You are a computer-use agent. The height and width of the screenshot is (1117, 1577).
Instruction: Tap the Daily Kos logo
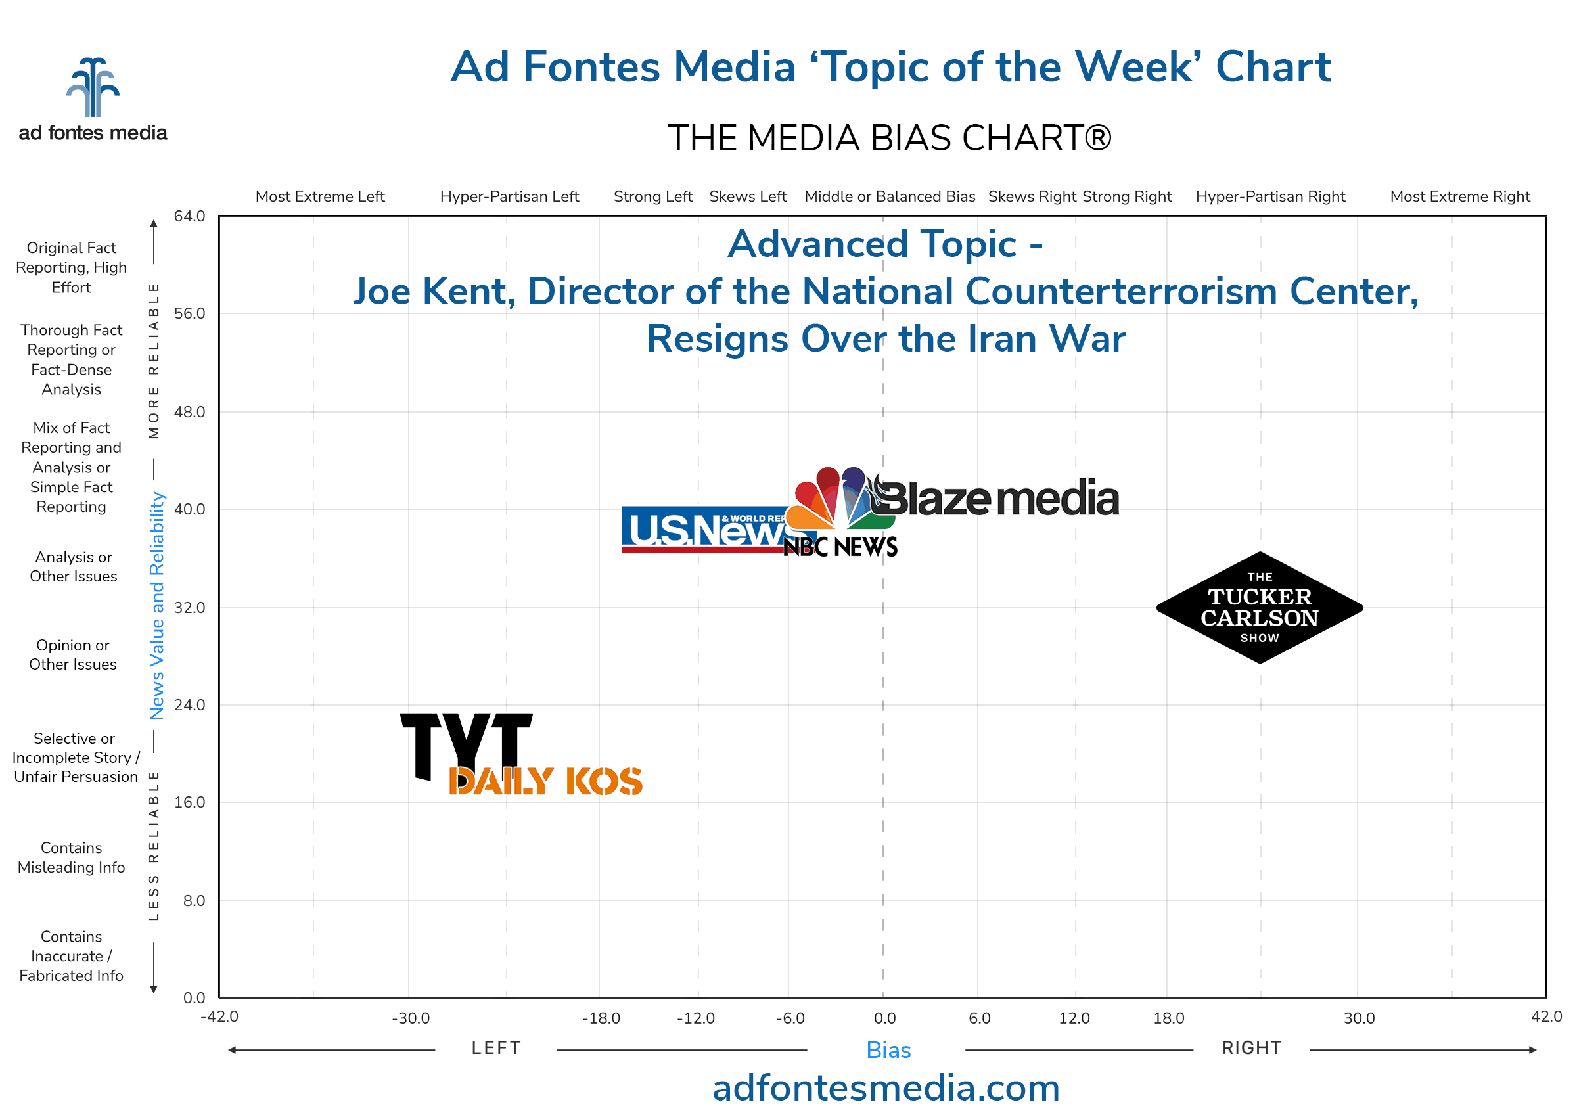[545, 781]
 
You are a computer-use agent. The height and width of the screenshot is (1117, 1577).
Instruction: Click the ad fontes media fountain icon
[93, 87]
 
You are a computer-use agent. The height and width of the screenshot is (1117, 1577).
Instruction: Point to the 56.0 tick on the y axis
[189, 313]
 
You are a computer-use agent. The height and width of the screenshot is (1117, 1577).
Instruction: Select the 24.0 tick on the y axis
[189, 705]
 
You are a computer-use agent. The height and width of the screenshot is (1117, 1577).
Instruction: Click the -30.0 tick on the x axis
[411, 1018]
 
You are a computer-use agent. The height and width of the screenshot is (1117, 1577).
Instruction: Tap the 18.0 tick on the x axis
[1168, 1018]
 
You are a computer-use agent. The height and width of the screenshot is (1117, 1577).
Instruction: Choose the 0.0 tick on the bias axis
[884, 1018]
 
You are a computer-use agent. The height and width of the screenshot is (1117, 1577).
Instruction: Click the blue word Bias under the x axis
[888, 1050]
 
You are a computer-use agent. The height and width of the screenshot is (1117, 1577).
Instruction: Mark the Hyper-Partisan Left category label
[509, 196]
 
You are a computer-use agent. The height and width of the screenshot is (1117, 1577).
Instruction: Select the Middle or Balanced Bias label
[889, 196]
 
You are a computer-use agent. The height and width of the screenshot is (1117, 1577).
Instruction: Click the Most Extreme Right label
[1459, 196]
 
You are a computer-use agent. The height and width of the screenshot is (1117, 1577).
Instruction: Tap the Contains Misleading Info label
[72, 857]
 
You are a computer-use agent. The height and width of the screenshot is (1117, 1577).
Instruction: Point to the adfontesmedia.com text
[886, 1089]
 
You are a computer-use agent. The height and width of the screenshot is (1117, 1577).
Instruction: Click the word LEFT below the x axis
[496, 1048]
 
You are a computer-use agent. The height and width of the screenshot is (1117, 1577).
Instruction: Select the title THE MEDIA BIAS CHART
[888, 138]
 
